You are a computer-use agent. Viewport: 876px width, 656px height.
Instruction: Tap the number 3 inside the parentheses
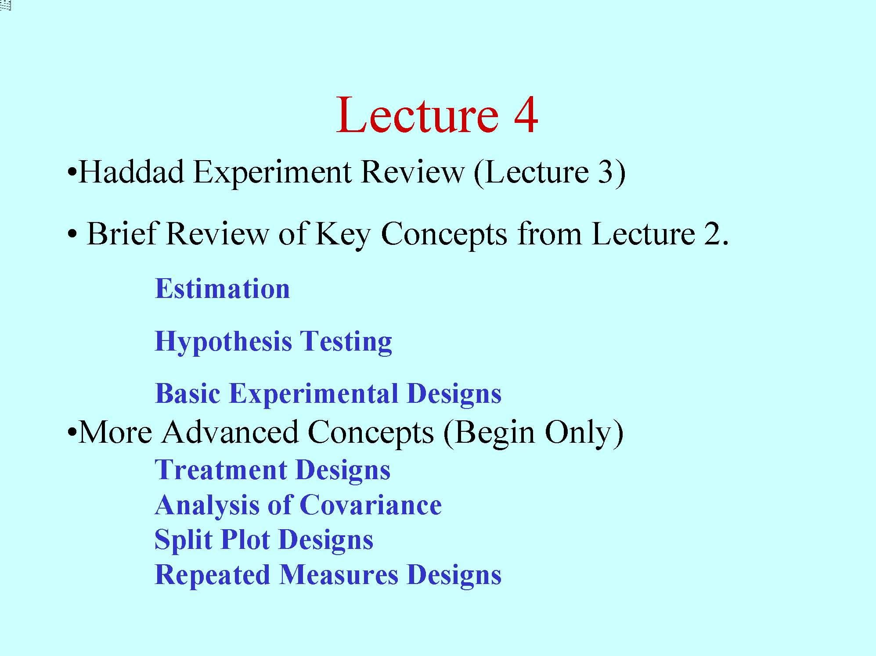(x=605, y=172)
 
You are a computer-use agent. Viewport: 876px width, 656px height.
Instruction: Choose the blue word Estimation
(x=222, y=289)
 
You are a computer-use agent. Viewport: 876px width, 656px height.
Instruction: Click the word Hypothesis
(x=223, y=342)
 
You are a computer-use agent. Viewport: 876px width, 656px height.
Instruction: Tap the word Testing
(x=346, y=342)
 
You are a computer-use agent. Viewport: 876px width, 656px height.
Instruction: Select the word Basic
(x=187, y=393)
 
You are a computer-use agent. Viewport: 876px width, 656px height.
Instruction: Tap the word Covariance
(x=371, y=505)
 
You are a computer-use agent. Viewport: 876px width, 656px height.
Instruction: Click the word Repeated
(x=212, y=575)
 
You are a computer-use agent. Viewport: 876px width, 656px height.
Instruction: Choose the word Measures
(x=339, y=575)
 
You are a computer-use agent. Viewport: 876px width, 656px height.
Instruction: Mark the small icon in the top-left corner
(x=5, y=6)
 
